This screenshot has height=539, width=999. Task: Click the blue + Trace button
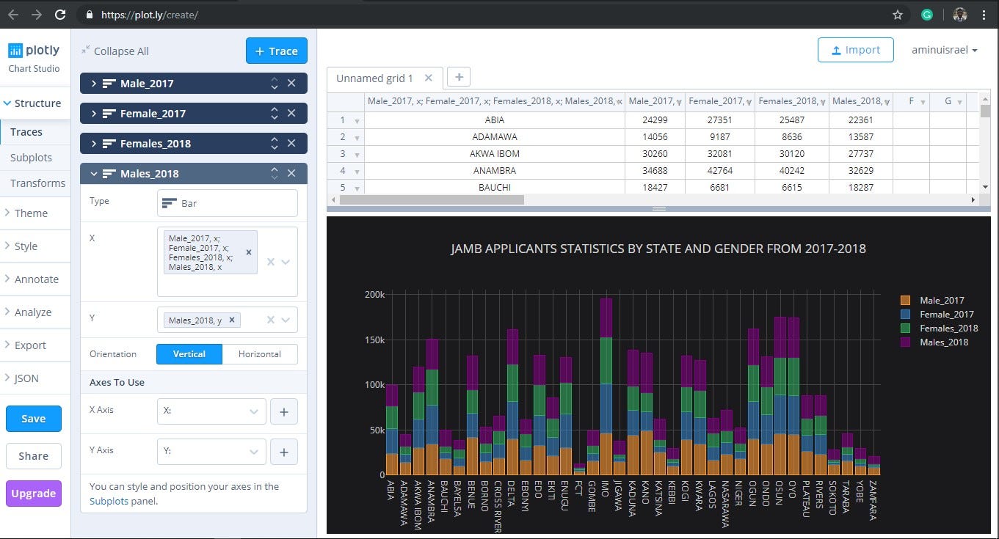(276, 51)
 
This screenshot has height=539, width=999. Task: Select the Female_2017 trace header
(153, 114)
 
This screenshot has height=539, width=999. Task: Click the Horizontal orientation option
(259, 354)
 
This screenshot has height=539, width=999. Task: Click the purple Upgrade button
(33, 494)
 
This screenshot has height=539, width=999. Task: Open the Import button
(855, 50)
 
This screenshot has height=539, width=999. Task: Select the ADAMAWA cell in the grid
(494, 137)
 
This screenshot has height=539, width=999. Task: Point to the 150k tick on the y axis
(374, 340)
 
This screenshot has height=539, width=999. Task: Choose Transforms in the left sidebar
(37, 183)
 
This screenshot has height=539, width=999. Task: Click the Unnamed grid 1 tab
(374, 78)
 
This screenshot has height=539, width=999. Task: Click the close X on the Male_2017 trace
(291, 84)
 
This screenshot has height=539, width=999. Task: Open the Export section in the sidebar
(30, 345)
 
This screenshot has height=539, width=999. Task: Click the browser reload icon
(60, 15)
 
